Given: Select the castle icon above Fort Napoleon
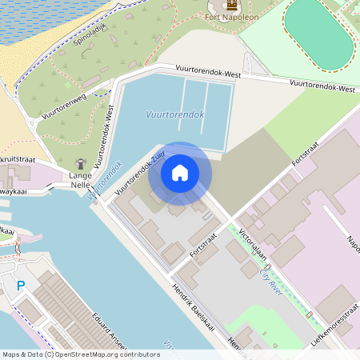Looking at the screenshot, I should pyautogui.click(x=234, y=4).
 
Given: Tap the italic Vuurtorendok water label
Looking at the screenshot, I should pyautogui.click(x=174, y=115).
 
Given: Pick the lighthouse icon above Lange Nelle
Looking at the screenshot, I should pyautogui.click(x=80, y=163).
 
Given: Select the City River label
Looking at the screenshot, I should pyautogui.click(x=272, y=282).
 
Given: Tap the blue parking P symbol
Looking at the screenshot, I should pyautogui.click(x=21, y=285).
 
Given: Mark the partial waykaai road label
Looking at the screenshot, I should pyautogui.click(x=18, y=192).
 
